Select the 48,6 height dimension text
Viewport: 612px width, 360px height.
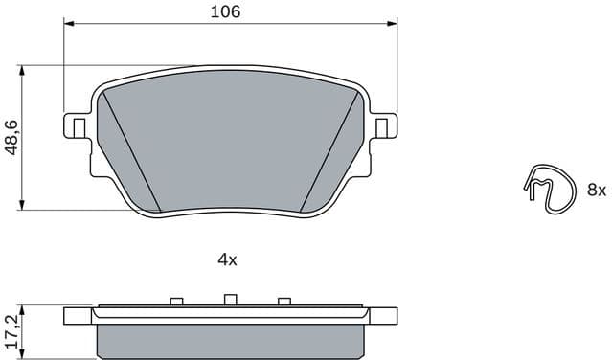pos(11,137)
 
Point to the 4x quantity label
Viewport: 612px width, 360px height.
pos(226,259)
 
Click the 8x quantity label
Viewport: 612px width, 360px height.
pos(597,191)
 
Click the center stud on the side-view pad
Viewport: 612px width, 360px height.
pos(229,300)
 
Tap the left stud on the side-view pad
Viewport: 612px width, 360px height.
pos(175,302)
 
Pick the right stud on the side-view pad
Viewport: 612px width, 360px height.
pos(283,302)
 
